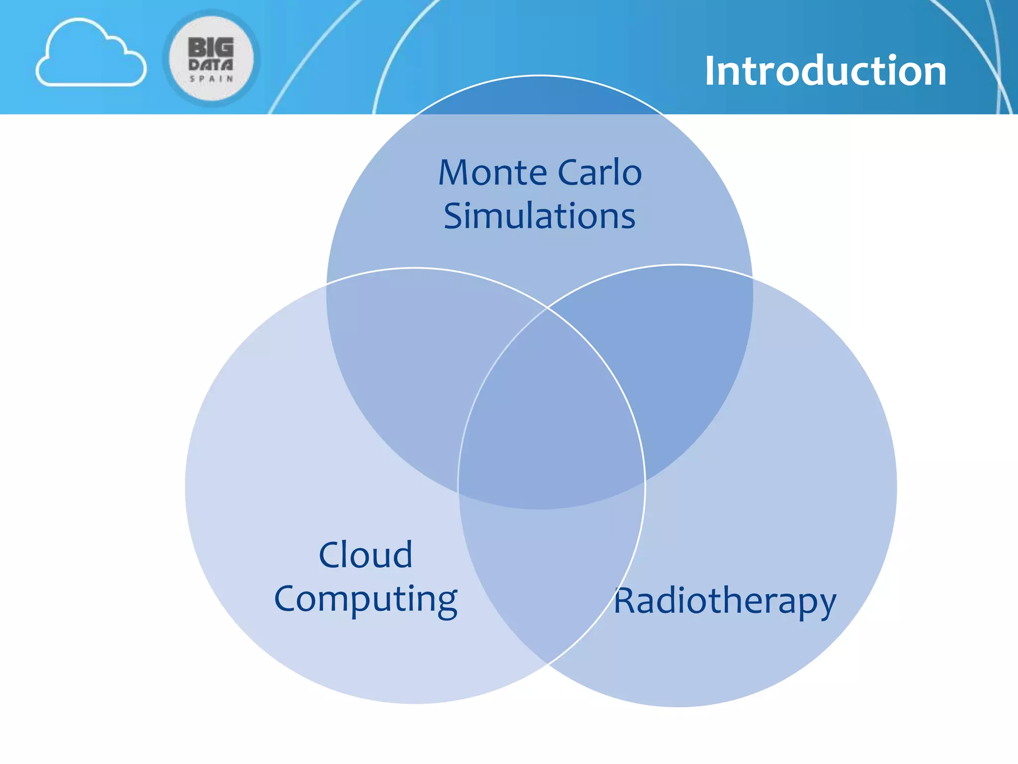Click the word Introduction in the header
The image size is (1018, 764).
[825, 71]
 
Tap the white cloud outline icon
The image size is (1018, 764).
[91, 55]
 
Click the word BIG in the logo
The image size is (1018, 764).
[211, 48]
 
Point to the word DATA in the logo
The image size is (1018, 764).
[211, 65]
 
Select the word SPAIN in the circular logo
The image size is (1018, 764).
[211, 79]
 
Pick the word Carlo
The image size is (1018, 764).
[599, 173]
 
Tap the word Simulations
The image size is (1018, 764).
[539, 216]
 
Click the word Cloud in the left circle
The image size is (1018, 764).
[365, 555]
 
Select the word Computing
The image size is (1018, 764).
[365, 599]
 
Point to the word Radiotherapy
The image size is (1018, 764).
[725, 601]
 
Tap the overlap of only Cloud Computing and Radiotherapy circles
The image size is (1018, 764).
[549, 572]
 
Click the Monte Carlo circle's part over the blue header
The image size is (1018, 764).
[539, 97]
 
